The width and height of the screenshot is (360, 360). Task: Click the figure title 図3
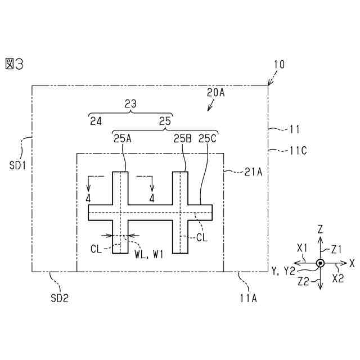pos(14,64)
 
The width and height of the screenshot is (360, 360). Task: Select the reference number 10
pos(279,65)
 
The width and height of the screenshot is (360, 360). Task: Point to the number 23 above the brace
pos(130,103)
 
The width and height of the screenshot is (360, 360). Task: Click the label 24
pos(96,120)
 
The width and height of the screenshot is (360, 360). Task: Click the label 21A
pos(251,173)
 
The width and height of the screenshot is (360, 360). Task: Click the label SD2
pos(60,298)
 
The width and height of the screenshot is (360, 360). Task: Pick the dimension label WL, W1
pos(148,254)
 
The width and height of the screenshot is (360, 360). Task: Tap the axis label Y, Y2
pos(283,271)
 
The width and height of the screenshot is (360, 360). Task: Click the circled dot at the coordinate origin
pos(320,263)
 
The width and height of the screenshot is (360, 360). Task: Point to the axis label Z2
pos(304,278)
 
